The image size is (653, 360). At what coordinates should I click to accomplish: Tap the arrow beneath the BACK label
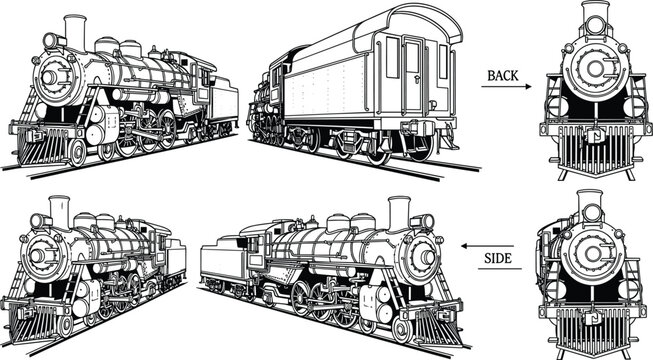pos(509,87)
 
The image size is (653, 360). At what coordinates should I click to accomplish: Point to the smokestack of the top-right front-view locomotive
pos(596,19)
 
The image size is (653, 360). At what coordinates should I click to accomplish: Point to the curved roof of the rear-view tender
pos(399,20)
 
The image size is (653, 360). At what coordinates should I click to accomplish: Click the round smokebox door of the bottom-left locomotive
pos(39,255)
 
